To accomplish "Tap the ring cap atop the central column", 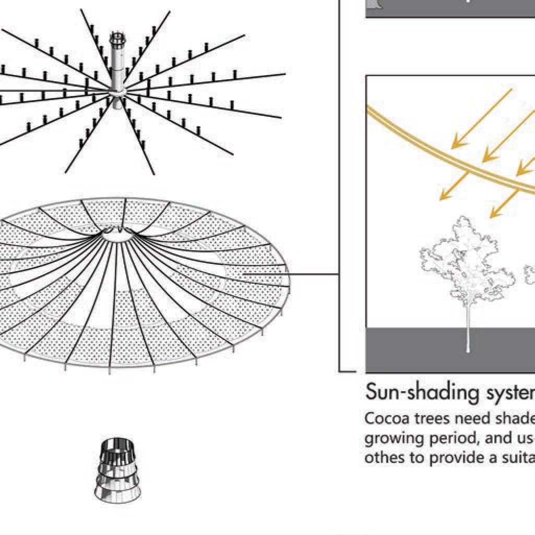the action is [x=117, y=38].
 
